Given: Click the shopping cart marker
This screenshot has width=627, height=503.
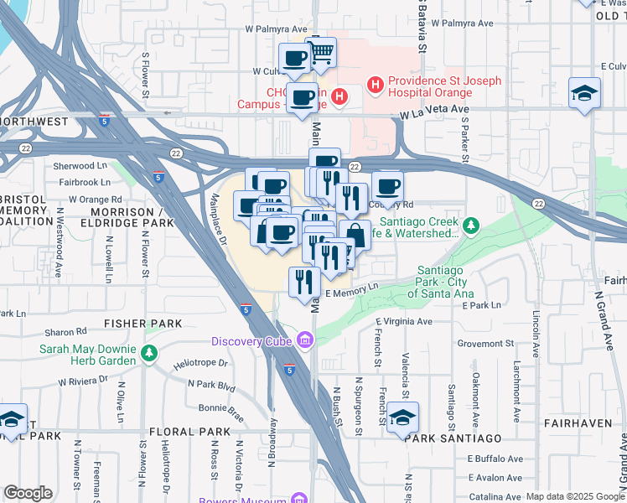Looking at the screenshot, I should (321, 54).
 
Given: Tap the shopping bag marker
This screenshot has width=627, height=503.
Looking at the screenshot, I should (355, 236).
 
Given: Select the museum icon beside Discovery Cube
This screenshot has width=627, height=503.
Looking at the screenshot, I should (305, 340).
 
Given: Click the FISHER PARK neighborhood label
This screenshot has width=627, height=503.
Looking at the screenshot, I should (143, 323).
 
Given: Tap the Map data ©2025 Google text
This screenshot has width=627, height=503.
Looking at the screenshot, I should (574, 496).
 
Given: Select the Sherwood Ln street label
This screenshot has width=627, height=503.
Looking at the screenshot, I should (84, 167).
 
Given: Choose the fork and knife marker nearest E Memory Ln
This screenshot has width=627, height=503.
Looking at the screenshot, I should (303, 283).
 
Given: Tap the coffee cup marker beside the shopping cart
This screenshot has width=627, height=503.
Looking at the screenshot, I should (294, 59).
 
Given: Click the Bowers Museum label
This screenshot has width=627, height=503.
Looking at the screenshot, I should (243, 500).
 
